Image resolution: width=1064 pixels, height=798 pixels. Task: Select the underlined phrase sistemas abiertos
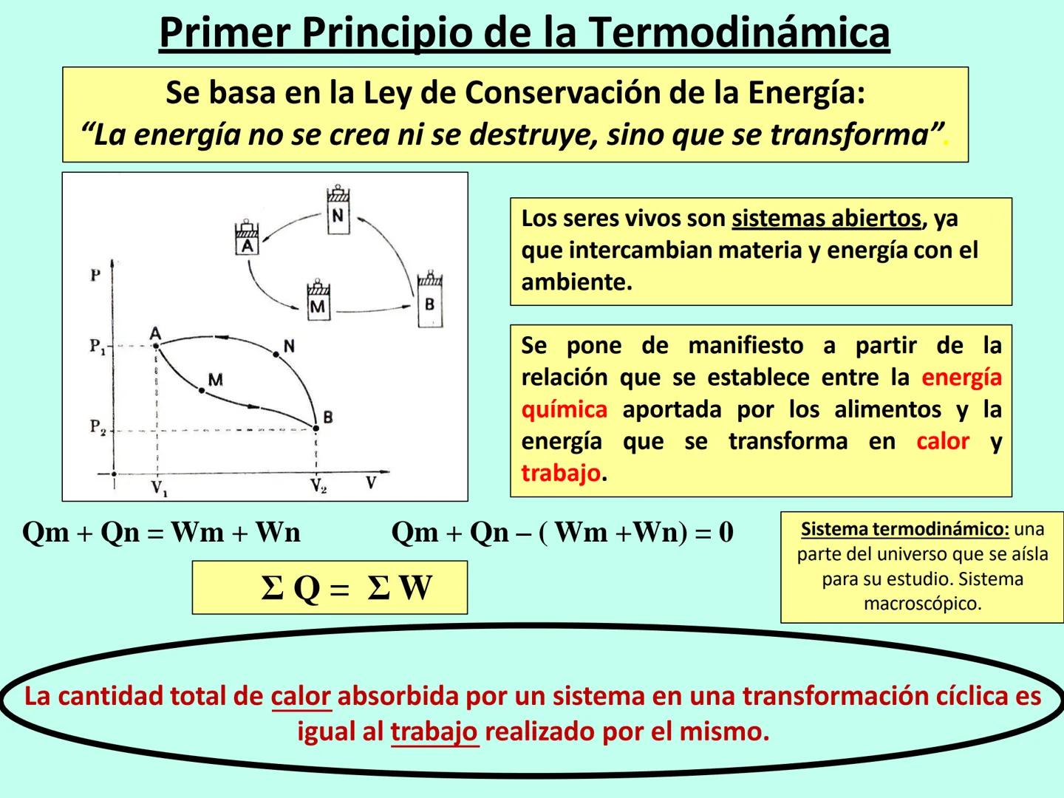tap(826, 219)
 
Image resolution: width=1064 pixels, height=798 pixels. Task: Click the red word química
tap(564, 409)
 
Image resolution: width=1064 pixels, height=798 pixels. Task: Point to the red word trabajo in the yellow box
tap(560, 473)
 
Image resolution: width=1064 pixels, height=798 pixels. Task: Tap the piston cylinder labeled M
tap(318, 301)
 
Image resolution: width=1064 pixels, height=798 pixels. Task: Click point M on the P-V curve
tap(202, 389)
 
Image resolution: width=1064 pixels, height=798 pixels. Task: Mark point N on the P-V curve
tap(276, 355)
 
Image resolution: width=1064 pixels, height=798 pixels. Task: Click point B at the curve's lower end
tap(316, 428)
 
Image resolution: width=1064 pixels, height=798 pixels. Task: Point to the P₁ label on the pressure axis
tap(98, 346)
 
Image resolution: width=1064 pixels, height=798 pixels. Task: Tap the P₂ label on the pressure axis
tap(98, 427)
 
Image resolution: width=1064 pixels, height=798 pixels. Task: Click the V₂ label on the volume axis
tap(318, 486)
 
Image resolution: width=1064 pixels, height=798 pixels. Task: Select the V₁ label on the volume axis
tap(158, 488)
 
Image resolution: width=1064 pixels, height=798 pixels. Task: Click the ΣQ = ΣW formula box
tap(330, 588)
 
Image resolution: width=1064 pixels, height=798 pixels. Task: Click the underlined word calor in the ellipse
tap(301, 696)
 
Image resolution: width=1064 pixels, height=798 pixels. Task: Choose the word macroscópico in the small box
tap(922, 604)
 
